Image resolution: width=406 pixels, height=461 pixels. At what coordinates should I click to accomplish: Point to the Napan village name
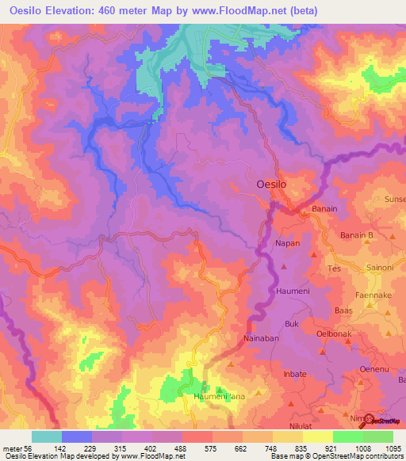[287, 243]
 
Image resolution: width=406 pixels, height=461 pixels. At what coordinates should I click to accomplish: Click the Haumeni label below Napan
[291, 291]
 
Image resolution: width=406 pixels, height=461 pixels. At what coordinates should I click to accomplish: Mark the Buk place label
[291, 324]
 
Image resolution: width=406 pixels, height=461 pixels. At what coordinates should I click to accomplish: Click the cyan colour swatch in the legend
[47, 436]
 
